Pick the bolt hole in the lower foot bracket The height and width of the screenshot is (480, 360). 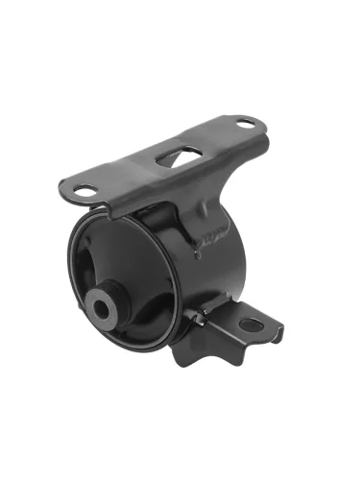coord(252,324)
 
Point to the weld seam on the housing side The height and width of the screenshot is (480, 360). coord(213,238)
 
